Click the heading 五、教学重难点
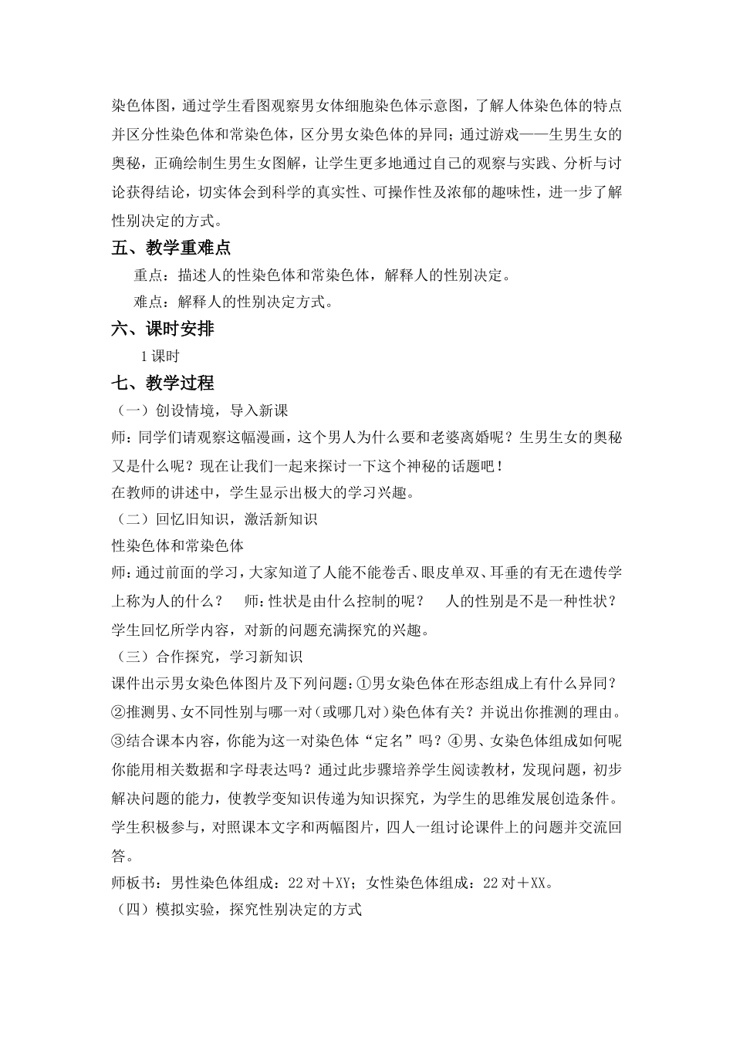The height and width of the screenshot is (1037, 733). click(x=171, y=248)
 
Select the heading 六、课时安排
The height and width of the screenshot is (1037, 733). click(x=163, y=329)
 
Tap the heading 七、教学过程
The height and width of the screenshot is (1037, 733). click(x=163, y=383)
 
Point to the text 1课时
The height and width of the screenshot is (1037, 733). click(x=160, y=356)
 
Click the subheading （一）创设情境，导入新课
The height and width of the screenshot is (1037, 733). click(x=200, y=410)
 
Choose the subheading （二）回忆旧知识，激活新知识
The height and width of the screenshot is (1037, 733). click(x=214, y=519)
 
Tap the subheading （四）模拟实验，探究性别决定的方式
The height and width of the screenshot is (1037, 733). click(x=237, y=910)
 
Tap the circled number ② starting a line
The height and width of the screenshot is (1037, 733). click(x=119, y=711)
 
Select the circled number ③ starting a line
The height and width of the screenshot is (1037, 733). click(x=119, y=741)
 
